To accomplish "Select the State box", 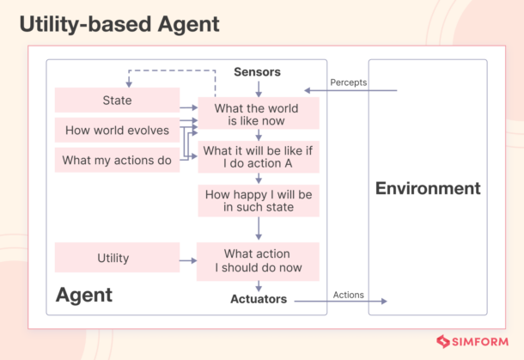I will [117, 101].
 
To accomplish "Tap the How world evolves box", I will [117, 131].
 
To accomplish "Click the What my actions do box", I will [117, 160].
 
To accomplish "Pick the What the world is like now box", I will [258, 114].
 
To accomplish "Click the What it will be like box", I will [258, 157].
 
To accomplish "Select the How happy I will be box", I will [258, 201].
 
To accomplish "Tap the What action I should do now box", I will [258, 260].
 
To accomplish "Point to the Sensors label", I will [257, 72].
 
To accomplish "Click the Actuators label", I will [258, 300].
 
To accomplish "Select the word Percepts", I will [349, 82].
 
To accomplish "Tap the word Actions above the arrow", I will [348, 295].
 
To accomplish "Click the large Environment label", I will [428, 188].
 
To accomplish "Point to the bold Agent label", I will [84, 295].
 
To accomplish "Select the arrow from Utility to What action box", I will [187, 259].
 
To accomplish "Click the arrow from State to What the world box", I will [187, 107].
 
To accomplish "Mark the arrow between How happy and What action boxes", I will [258, 229].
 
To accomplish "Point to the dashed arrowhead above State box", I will [129, 83].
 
